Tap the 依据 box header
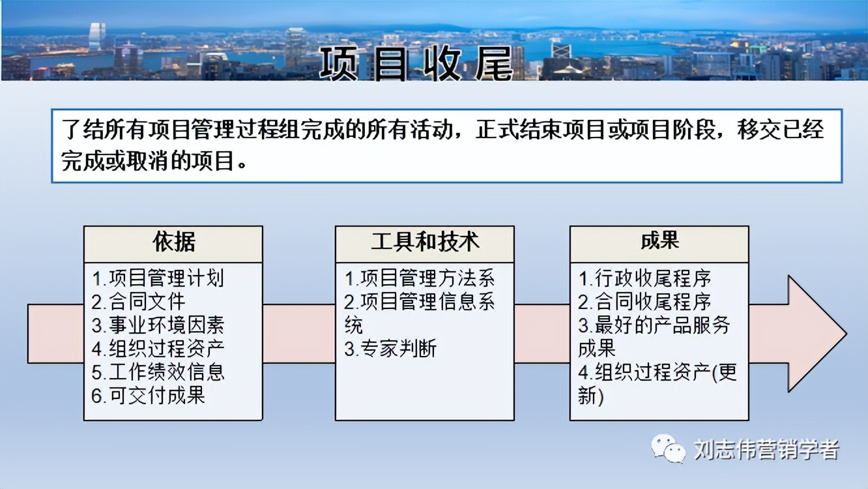click(x=173, y=243)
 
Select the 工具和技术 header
click(x=425, y=243)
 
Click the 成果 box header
click(x=659, y=241)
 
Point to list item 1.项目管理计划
click(x=158, y=278)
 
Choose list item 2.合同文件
click(x=138, y=301)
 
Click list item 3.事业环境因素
click(x=158, y=325)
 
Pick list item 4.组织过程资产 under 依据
click(x=158, y=348)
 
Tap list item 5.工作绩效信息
click(x=158, y=372)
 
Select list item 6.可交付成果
click(x=148, y=395)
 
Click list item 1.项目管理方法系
click(x=420, y=278)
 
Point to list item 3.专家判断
click(x=390, y=349)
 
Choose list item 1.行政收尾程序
click(x=644, y=278)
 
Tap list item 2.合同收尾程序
click(x=644, y=302)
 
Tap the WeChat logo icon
click(x=668, y=449)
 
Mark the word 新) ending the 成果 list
click(x=590, y=395)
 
